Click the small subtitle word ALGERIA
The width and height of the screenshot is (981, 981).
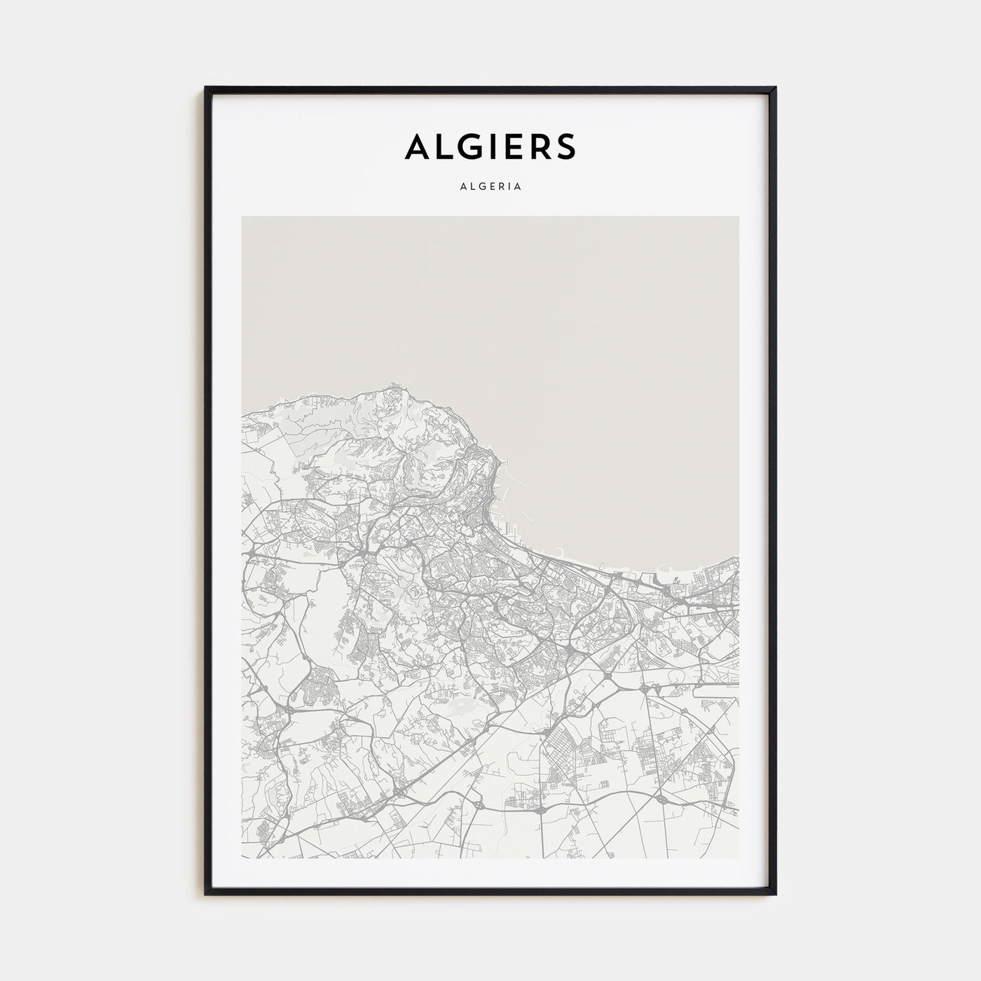[490, 187]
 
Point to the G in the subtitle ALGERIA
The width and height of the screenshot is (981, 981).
[483, 187]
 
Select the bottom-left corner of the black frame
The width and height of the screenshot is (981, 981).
[205, 895]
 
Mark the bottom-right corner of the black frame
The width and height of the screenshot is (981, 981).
[776, 895]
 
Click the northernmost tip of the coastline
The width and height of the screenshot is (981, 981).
[395, 383]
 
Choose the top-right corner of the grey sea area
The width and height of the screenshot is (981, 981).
[738, 217]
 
